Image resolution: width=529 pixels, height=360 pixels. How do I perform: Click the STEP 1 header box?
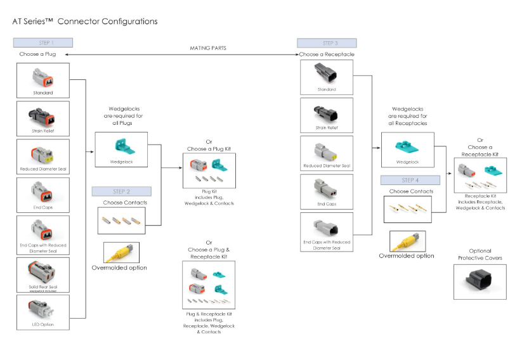click(43, 42)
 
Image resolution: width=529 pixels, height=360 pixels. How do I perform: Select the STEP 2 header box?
click(121, 191)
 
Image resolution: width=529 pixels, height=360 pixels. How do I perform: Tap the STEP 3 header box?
click(327, 43)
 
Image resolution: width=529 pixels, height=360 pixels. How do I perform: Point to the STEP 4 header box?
click(410, 180)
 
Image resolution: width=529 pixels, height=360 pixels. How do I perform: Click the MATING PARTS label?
click(208, 48)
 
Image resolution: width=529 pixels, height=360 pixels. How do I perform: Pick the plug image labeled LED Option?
click(42, 310)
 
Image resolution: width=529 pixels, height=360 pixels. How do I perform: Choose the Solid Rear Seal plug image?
click(42, 271)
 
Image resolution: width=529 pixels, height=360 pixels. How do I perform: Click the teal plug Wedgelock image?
click(121, 146)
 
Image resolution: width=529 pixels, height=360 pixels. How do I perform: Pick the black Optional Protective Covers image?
click(480, 281)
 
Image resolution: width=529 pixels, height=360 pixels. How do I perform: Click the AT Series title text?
click(85, 22)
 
